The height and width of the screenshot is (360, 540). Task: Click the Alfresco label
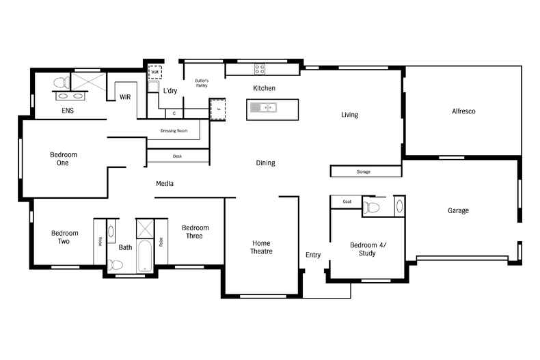(463, 111)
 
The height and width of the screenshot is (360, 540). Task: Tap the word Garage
(458, 210)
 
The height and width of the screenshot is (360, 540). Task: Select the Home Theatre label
(261, 247)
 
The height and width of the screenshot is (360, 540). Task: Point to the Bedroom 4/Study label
(368, 249)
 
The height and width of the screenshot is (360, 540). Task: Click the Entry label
(313, 255)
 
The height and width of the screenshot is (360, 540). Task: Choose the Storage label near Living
(364, 171)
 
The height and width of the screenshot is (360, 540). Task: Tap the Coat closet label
(347, 202)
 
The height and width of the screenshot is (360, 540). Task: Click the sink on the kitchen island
(263, 107)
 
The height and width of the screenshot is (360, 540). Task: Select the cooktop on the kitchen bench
(260, 69)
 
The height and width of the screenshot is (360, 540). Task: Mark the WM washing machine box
(154, 72)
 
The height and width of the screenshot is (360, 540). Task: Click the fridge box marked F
(217, 109)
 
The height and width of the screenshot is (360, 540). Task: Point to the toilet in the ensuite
(60, 83)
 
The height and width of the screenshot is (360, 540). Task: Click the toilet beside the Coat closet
(372, 207)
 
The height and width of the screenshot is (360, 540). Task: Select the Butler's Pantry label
(201, 83)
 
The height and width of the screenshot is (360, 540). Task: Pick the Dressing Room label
(174, 130)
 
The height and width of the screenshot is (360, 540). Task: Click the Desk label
(177, 156)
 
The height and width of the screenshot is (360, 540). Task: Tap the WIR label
(125, 98)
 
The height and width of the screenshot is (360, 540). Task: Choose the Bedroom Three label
(195, 232)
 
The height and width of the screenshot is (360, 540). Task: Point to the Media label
(164, 184)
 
